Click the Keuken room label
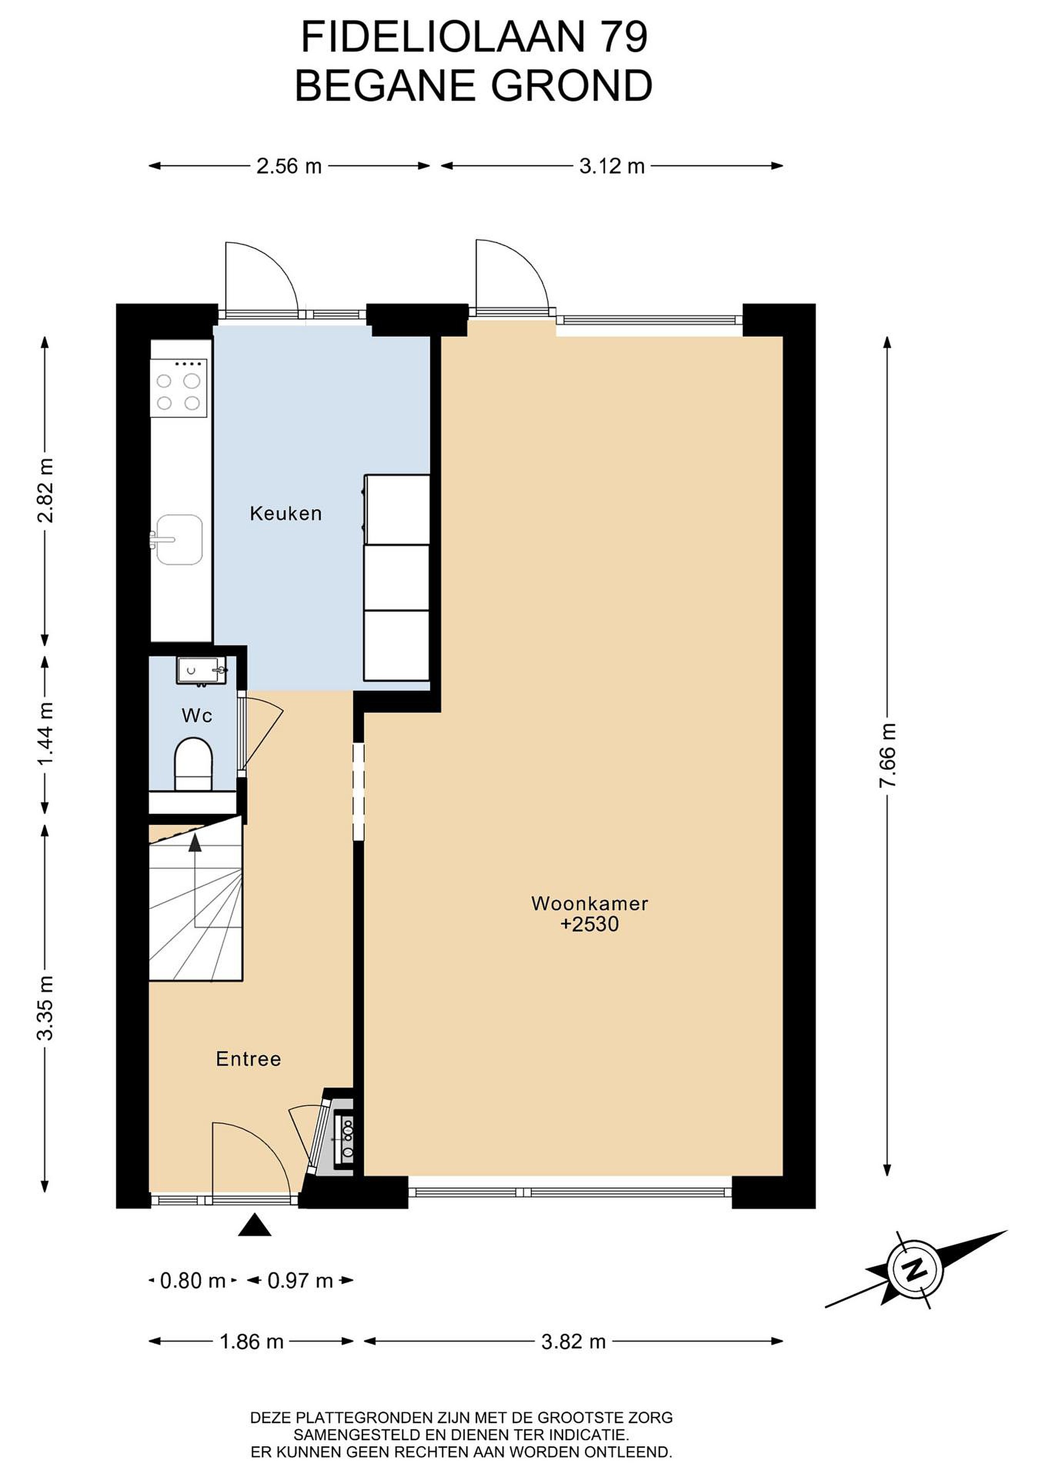click(x=286, y=514)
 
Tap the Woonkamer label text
click(x=589, y=903)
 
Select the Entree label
click(x=248, y=1059)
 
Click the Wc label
click(x=197, y=715)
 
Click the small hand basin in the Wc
click(x=202, y=670)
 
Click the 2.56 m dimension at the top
click(x=289, y=166)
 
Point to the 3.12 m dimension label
click(x=612, y=166)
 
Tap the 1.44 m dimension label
click(x=46, y=734)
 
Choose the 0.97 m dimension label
click(x=301, y=1281)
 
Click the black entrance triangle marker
click(x=255, y=1225)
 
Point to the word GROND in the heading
click(x=572, y=86)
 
